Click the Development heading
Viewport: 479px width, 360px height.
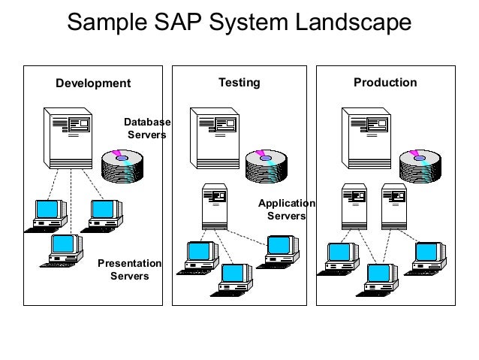(x=93, y=83)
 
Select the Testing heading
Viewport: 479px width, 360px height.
(x=239, y=82)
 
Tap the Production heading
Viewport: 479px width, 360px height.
(x=385, y=82)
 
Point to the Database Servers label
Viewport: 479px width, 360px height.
(x=147, y=129)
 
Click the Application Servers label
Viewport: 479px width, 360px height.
(x=287, y=210)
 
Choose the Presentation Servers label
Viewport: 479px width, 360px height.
(x=130, y=270)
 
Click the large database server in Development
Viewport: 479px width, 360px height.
(x=69, y=138)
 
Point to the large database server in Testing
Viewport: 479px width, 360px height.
(x=215, y=138)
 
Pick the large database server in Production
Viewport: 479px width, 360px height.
(x=366, y=138)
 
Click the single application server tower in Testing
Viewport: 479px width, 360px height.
(x=215, y=206)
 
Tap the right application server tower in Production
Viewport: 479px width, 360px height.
(x=393, y=206)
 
